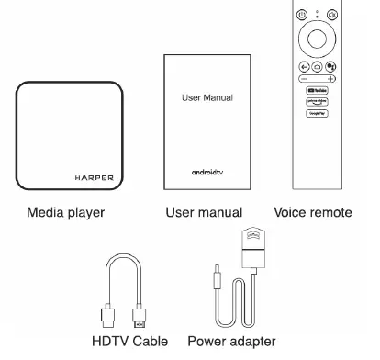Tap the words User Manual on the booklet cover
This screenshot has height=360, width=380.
click(x=207, y=96)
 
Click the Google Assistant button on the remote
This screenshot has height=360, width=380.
click(x=330, y=67)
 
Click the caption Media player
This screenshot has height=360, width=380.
click(x=65, y=212)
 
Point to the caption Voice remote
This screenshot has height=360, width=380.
click(x=312, y=212)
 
